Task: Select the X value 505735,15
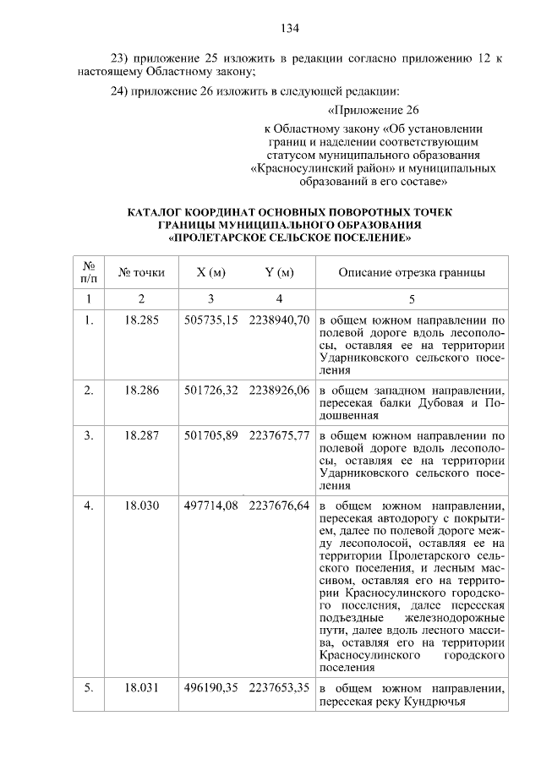click(210, 321)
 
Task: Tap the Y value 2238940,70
click(279, 321)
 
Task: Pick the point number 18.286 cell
click(142, 390)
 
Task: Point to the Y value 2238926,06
click(279, 390)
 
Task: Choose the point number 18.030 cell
click(142, 505)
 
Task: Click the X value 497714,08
click(210, 505)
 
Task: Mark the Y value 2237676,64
click(279, 505)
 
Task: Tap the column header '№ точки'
click(142, 272)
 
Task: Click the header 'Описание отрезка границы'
click(412, 272)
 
